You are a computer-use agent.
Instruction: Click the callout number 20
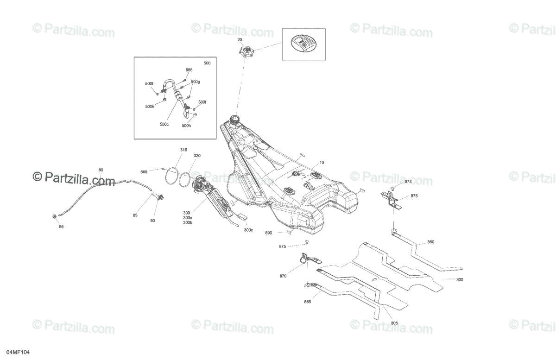coord(240,40)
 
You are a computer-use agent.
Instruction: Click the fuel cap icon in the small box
coord(303,44)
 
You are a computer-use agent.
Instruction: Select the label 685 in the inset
coord(189,70)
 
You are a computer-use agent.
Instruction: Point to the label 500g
coord(195,82)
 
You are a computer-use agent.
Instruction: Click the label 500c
coord(164,124)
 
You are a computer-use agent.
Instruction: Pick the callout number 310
coord(184,150)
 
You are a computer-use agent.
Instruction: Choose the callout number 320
coord(197,156)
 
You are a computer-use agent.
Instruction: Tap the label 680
coord(144,172)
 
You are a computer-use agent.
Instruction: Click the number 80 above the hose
coord(101,170)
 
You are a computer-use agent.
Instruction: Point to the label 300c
coord(249,230)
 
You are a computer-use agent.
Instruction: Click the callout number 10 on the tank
coord(322,163)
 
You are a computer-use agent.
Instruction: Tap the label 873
coord(408,181)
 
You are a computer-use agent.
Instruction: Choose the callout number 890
coord(268,233)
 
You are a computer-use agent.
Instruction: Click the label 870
coord(283,276)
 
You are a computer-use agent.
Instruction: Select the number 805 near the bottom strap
coord(394,323)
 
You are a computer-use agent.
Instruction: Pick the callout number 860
coord(430,242)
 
